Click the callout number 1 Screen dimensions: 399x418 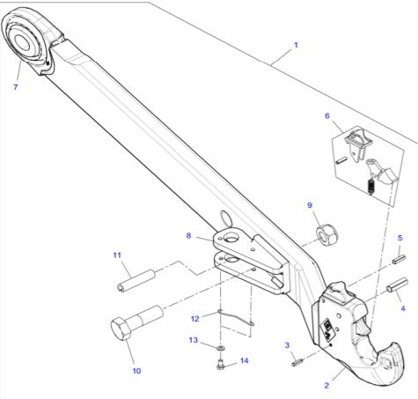point(296,45)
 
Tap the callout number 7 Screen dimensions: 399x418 point(15,87)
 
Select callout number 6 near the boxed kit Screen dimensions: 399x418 point(327,115)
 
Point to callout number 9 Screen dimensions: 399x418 point(310,205)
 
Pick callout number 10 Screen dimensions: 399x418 point(136,371)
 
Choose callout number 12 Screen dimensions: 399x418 point(195,318)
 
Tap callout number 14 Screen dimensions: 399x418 point(245,360)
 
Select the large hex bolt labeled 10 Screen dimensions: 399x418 point(135,322)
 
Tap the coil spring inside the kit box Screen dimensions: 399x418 point(371,186)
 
